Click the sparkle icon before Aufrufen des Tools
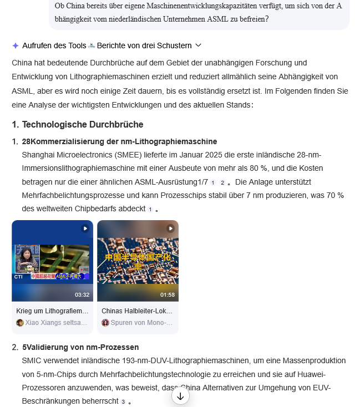pos(16,45)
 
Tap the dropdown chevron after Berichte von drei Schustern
pos(199,45)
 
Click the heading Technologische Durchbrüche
pos(83,124)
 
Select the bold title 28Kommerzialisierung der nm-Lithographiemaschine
pos(119,141)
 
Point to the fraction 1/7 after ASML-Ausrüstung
pos(203,182)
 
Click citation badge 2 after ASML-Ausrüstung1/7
pos(222,182)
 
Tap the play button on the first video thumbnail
pos(85,228)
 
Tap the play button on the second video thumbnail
pos(170,228)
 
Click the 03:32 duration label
pos(82,294)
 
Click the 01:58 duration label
pos(168,294)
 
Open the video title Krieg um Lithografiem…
pos(52,311)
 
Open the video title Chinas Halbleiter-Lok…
pos(137,311)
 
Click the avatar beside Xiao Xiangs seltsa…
pos(20,323)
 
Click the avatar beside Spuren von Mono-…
pos(105,323)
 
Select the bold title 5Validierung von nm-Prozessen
pos(80,347)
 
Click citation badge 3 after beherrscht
pos(123,401)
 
